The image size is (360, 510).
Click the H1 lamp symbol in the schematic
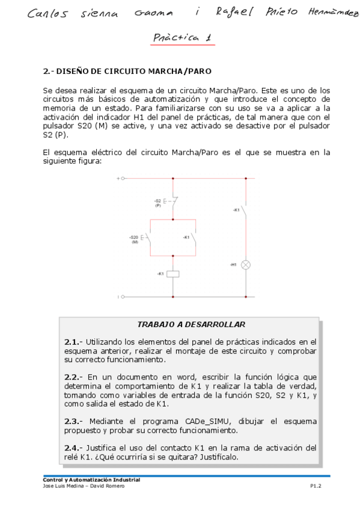pos(245,265)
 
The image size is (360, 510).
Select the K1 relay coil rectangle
pos(173,274)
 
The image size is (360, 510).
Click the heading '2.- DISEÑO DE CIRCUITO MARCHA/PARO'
pos(127,71)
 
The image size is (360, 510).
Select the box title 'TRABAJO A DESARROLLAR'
pos(191,324)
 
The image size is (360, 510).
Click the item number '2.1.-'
pos(75,342)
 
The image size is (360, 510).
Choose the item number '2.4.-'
pos(75,447)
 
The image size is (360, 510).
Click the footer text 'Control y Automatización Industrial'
pos(91,479)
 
